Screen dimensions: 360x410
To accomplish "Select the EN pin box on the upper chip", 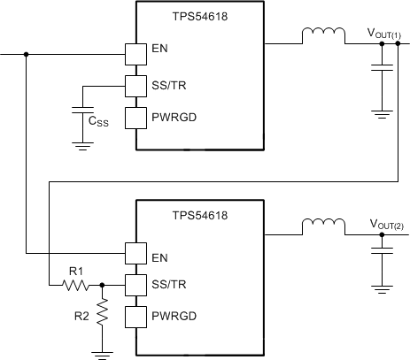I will point(134,54).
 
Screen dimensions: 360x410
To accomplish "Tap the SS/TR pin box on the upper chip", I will point(134,86).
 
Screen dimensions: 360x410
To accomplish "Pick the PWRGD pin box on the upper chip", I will point(134,118).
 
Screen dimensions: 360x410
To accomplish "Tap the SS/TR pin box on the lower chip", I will point(134,285).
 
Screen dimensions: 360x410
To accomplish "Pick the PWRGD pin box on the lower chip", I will point(134,317).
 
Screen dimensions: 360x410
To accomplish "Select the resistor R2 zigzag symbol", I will point(103,311).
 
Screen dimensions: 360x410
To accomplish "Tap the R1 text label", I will point(75,269).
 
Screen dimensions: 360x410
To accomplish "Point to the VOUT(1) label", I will point(383,33).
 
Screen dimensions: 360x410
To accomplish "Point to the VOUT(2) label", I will point(383,224).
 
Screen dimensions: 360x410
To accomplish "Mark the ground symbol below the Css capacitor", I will point(81,143).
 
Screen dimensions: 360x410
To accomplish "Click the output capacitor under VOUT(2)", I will point(383,254).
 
